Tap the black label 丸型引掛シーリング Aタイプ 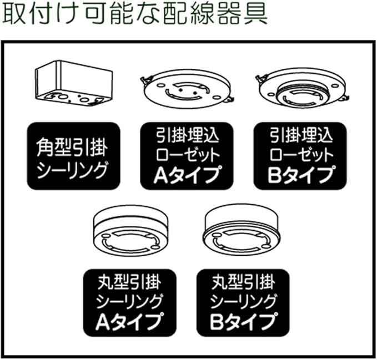tap(129, 303)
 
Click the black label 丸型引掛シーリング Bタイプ tap(243, 303)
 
